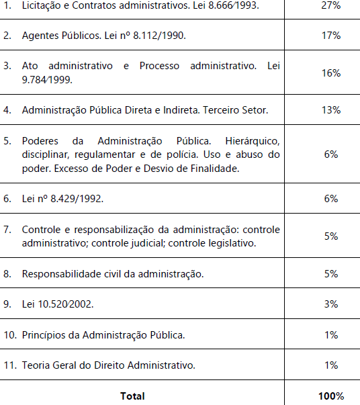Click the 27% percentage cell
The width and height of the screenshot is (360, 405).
click(331, 5)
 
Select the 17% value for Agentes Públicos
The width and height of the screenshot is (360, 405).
click(331, 35)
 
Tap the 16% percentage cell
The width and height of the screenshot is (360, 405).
click(331, 73)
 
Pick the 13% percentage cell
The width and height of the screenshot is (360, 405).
click(331, 109)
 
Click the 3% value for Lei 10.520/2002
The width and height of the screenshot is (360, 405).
click(331, 304)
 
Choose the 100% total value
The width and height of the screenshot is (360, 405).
click(331, 396)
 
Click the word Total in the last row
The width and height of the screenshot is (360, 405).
click(132, 396)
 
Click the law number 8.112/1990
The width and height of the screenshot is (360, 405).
click(160, 35)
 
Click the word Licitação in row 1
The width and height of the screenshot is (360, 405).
click(43, 5)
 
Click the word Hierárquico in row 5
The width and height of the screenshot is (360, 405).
click(253, 141)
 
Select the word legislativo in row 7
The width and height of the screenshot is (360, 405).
click(232, 243)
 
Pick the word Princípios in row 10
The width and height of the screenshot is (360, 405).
click(43, 334)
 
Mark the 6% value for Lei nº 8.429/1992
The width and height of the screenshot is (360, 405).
click(331, 199)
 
